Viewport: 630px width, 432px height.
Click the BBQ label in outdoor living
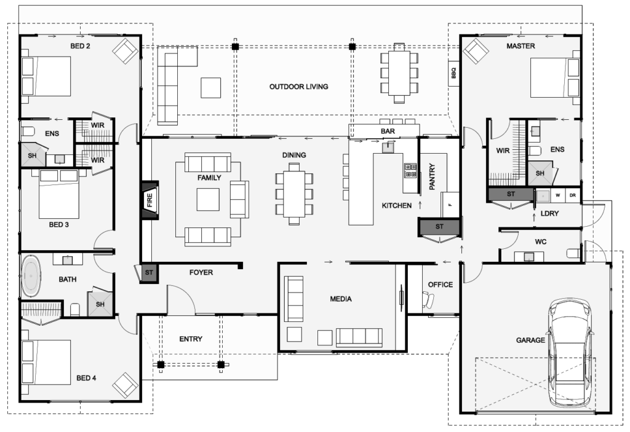[453, 73]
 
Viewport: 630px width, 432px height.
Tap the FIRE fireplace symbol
[150, 200]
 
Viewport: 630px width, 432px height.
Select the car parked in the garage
[570, 353]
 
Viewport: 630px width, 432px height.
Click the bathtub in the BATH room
[31, 276]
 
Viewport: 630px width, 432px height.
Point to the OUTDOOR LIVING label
[298, 87]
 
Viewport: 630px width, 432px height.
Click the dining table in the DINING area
[294, 194]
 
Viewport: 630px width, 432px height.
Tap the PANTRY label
[433, 176]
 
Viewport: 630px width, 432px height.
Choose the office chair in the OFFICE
[428, 299]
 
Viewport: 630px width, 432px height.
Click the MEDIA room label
[341, 299]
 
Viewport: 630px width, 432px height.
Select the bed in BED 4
[46, 361]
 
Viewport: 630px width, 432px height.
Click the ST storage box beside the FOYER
[149, 273]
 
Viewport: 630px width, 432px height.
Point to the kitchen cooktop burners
[410, 170]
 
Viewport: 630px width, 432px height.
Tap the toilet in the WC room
[573, 253]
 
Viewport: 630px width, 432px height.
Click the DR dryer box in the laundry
[573, 195]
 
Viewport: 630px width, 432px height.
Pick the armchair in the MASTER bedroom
[476, 51]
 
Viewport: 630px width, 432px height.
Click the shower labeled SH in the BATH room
[100, 304]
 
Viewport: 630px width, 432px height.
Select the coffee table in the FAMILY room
[208, 200]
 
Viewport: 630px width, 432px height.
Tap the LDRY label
[549, 214]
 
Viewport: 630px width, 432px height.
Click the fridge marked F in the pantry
[450, 205]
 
